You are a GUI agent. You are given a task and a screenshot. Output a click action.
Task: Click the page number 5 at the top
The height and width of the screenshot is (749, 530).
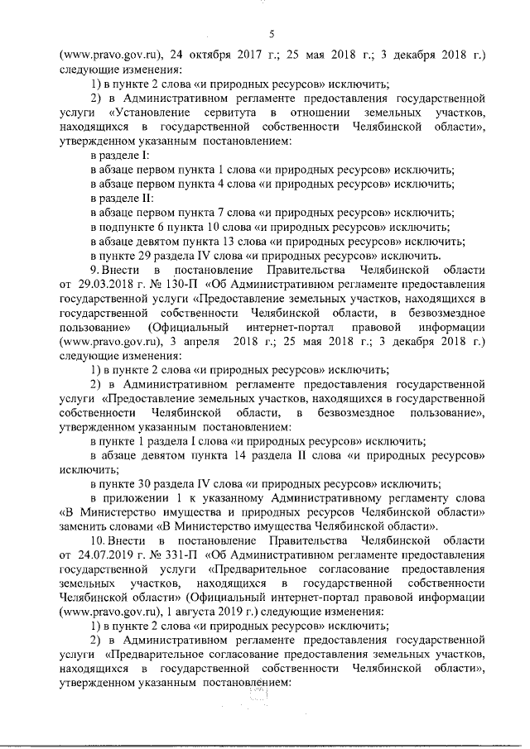pos(272,33)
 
